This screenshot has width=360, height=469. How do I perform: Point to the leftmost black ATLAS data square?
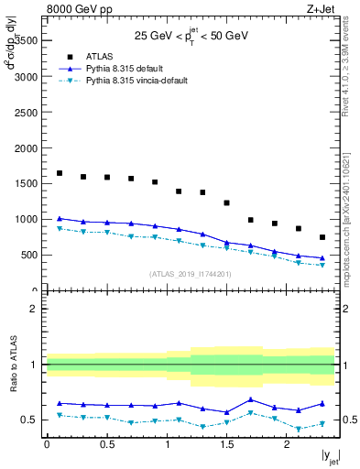60,173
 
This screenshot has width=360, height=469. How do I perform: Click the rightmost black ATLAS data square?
322,237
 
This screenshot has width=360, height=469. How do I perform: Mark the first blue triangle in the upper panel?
60,219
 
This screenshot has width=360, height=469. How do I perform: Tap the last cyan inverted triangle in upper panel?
322,266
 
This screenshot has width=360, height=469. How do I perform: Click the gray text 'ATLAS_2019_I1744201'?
191,274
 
